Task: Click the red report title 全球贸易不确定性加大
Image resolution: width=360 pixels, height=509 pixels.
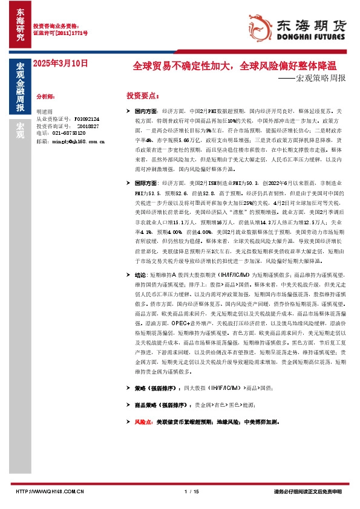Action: coord(185,65)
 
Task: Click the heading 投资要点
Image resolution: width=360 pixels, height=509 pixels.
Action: coord(142,96)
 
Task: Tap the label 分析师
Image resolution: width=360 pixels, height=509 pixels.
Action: coord(46,96)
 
